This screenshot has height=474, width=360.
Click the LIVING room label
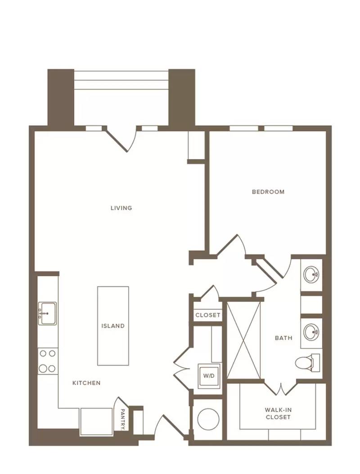point(121,208)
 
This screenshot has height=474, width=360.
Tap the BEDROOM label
point(268,192)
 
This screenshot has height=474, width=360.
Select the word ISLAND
point(113,326)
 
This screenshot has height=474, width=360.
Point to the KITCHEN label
point(86,383)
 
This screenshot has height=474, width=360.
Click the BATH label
point(284,338)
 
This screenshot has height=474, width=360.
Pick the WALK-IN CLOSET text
point(278,414)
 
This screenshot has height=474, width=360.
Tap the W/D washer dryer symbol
point(209,376)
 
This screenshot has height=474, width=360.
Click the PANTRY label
point(123,419)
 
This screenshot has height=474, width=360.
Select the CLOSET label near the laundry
point(208,315)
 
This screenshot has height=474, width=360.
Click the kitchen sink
point(47,313)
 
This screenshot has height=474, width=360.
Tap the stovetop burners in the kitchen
point(48,361)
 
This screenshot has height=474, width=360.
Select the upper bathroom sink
point(311,274)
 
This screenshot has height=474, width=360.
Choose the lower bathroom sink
point(311,332)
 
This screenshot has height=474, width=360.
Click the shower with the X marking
point(243,340)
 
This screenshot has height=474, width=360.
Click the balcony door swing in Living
point(121,139)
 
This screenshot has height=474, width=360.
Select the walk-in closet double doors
point(282,389)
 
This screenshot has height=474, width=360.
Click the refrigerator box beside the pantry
point(97,422)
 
